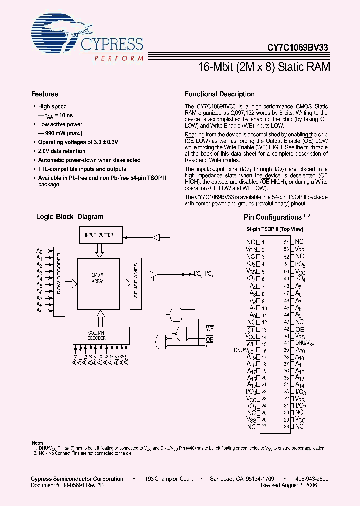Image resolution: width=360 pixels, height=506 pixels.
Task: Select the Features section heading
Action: tap(45, 94)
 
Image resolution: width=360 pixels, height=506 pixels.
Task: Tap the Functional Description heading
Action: tap(219, 94)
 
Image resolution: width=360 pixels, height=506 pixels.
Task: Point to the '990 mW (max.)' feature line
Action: tap(61, 133)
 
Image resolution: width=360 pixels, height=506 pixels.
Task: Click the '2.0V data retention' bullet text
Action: tap(62, 151)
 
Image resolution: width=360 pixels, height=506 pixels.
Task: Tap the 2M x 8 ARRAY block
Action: tap(98, 278)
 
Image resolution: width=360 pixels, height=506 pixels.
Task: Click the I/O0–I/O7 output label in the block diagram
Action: tap(204, 274)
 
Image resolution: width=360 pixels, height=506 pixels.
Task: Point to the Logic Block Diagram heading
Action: tap(70, 217)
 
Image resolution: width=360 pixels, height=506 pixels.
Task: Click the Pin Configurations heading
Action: tap(272, 217)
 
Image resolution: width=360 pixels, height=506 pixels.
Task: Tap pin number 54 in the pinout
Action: tap(287, 241)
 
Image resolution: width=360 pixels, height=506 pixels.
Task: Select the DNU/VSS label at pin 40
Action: tap(305, 343)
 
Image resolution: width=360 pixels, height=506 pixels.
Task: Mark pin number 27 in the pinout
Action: tap(264, 427)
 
